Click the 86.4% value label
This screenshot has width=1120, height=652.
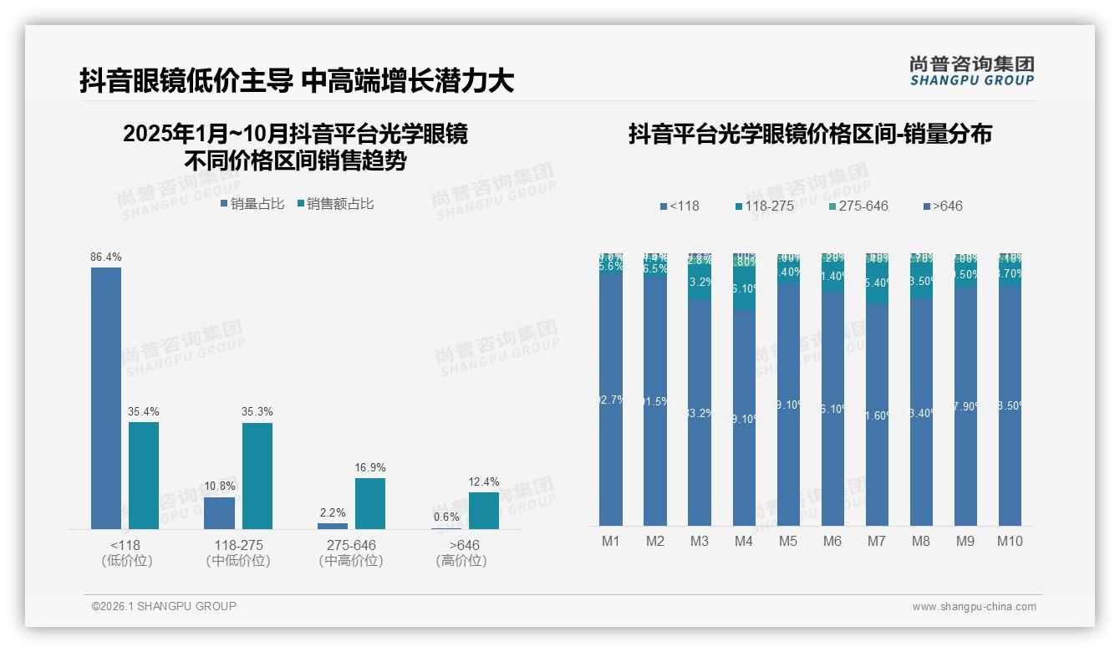pos(106,257)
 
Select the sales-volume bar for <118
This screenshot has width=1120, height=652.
pos(106,398)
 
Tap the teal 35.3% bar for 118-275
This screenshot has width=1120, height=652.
pos(257,476)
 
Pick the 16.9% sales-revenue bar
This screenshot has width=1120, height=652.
pos(370,503)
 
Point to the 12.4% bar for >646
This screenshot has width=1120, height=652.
pos(484,511)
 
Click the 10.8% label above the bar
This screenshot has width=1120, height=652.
pos(220,486)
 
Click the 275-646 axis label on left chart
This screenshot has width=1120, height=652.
pos(351,545)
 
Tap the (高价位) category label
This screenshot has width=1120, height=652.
pos(461,561)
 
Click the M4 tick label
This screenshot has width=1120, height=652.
pos(744,542)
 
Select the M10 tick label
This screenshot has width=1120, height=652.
pos(1010,542)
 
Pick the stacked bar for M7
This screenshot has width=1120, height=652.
pos(877,389)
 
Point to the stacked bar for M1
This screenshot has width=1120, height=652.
pos(611,389)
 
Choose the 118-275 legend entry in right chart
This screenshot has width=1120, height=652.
pos(765,206)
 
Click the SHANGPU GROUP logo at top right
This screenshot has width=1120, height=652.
pos(971,71)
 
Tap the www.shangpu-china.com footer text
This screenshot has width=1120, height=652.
pos(974,607)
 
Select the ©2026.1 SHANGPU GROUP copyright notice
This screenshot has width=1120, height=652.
pos(164,606)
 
